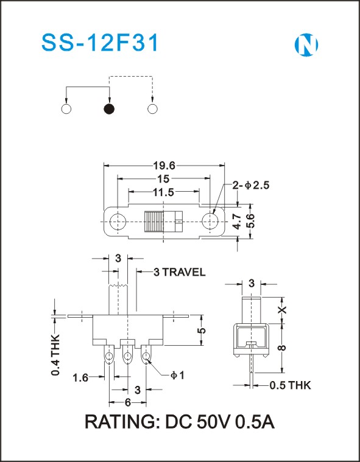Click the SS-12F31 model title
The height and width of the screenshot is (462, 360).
pos(101,43)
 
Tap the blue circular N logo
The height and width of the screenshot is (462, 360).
pos(306,45)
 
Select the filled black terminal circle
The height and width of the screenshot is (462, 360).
pos(109,109)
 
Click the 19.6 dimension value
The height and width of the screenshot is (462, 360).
pos(164,166)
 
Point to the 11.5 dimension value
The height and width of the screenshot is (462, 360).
pos(163,192)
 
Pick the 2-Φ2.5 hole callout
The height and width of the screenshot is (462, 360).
pos(251,185)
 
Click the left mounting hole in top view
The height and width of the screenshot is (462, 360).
pos(118,222)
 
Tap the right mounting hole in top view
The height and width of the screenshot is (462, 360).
pos(210,221)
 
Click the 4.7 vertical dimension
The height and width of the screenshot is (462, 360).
pos(237,222)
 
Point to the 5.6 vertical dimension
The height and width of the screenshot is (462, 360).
pos(250,221)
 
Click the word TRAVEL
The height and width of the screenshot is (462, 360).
pos(184,272)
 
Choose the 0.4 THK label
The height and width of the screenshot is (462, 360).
pos(55,355)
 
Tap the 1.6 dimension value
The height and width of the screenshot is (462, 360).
pos(81,377)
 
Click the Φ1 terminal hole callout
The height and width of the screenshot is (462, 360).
pos(177,376)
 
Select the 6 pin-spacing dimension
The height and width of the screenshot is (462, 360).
pos(128,402)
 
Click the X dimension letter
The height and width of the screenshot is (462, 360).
pos(282,309)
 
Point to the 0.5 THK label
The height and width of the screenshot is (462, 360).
pos(290,385)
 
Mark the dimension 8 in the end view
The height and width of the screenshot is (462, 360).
pos(282,348)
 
